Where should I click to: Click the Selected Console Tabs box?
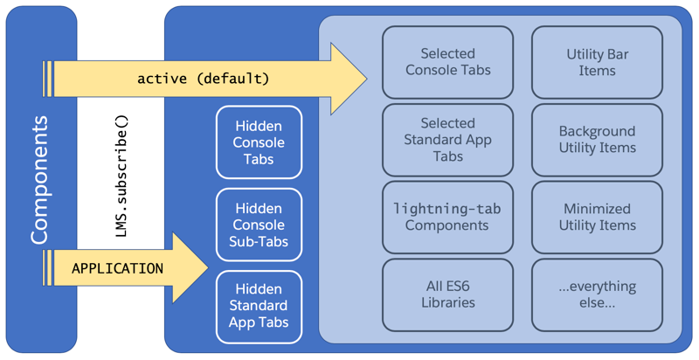(447, 62)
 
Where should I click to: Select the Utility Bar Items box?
(597, 62)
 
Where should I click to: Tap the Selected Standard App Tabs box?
(447, 140)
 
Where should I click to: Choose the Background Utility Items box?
(597, 140)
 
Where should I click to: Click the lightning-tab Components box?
(447, 217)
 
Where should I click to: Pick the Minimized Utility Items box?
(597, 217)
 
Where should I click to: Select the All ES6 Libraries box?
(447, 294)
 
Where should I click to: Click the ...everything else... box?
(597, 294)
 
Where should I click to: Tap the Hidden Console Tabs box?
(259, 142)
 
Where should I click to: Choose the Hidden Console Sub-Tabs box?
(259, 225)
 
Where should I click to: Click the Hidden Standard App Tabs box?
(259, 306)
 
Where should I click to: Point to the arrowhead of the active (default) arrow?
(349, 79)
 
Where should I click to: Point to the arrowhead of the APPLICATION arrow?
(192, 268)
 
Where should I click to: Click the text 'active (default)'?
(203, 79)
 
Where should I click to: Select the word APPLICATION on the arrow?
(117, 268)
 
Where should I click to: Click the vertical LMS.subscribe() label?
(121, 176)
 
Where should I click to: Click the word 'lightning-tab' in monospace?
(446, 209)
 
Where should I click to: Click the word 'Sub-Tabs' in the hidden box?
(259, 241)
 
